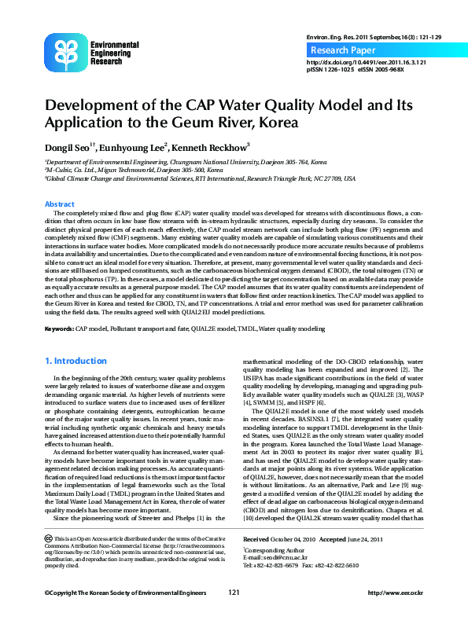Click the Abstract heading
pos(59,204)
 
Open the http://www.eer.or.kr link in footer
pos(396,593)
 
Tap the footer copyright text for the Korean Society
pos(126,593)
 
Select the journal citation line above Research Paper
pos(363,37)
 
